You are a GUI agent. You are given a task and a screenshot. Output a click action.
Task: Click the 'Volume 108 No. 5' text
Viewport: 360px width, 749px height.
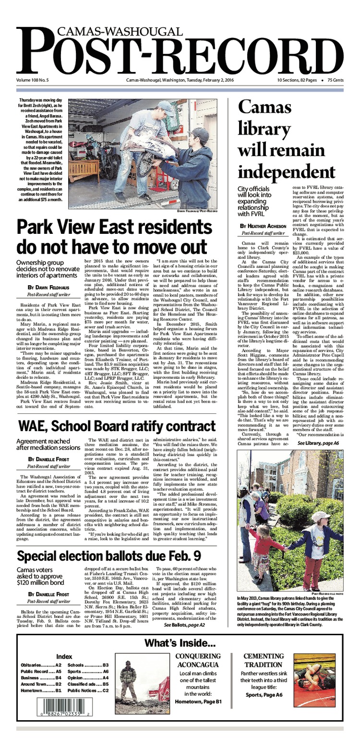[x=36, y=80]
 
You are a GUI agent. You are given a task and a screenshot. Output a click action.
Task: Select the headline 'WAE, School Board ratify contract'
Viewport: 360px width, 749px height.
[x=117, y=426]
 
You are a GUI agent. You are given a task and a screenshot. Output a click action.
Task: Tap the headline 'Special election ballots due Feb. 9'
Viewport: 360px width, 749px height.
[x=109, y=556]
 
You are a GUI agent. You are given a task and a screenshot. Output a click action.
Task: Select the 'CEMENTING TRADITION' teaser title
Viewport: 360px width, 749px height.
[x=263, y=660]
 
